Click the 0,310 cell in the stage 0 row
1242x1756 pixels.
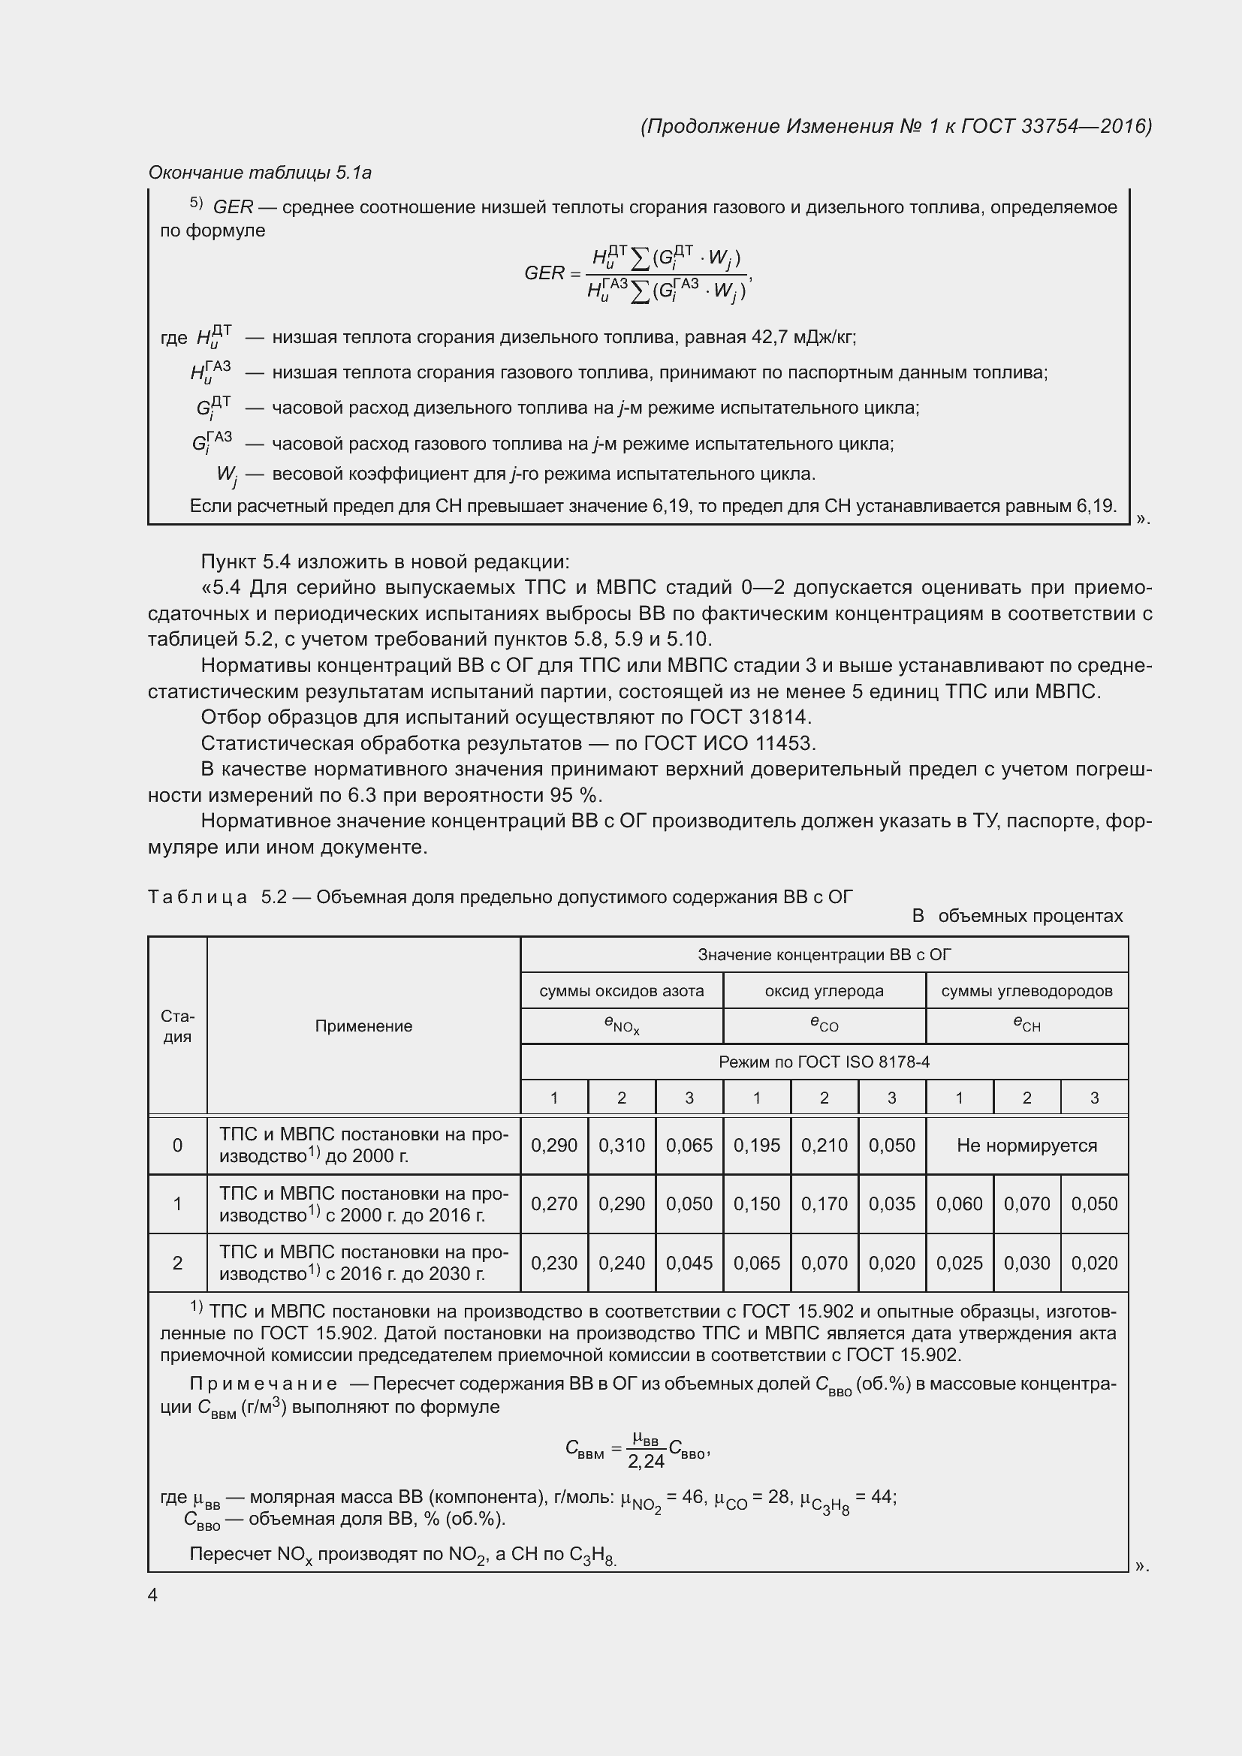[x=621, y=1145]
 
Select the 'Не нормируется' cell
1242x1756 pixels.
[x=1026, y=1145]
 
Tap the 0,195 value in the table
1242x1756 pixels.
[x=756, y=1145]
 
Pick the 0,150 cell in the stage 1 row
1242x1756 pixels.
[x=756, y=1203]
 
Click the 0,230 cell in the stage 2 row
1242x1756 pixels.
[x=553, y=1263]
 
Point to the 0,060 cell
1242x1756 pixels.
[x=959, y=1203]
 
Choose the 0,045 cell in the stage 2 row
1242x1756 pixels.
[x=689, y=1263]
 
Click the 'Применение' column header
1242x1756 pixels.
[x=363, y=1026]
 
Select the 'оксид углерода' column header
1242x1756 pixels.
[x=824, y=991]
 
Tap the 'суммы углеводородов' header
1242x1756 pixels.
[x=1026, y=991]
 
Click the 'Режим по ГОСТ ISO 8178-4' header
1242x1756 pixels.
[x=824, y=1062]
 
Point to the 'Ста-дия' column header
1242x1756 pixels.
[x=177, y=1026]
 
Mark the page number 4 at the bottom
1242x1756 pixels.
[x=153, y=1595]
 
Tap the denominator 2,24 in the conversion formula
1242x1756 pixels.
[x=646, y=1462]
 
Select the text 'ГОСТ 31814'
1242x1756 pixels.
[x=749, y=718]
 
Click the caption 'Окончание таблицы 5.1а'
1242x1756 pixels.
[x=260, y=173]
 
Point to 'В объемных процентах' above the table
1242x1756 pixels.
[x=1017, y=916]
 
